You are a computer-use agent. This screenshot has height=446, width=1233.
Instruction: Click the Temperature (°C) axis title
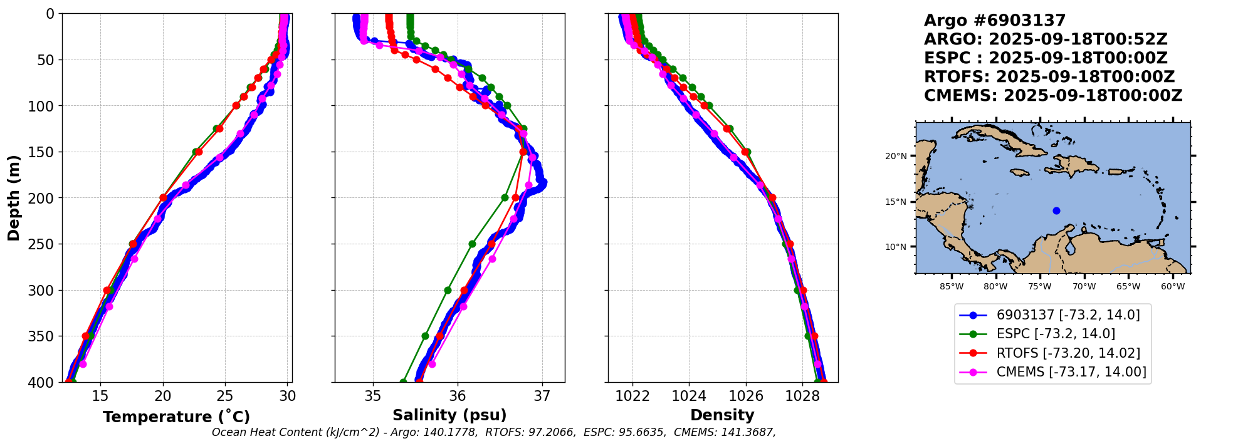pyautogui.click(x=176, y=417)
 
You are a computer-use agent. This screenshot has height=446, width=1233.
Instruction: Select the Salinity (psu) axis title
pyautogui.click(x=449, y=415)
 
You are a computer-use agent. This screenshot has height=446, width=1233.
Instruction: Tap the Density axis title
pyautogui.click(x=722, y=415)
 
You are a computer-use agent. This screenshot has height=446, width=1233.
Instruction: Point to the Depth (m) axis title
pyautogui.click(x=14, y=198)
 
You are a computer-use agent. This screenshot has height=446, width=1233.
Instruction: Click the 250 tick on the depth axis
pyautogui.click(x=45, y=244)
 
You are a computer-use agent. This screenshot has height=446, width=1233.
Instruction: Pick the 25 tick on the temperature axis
pyautogui.click(x=225, y=396)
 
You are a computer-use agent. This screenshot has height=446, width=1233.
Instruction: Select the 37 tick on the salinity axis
pyautogui.click(x=542, y=396)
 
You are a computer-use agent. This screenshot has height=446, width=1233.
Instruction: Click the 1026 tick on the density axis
pyautogui.click(x=746, y=396)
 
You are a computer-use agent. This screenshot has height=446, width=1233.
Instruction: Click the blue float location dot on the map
pyautogui.click(x=1056, y=210)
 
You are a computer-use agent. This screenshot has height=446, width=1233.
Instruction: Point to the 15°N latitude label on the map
pyautogui.click(x=896, y=202)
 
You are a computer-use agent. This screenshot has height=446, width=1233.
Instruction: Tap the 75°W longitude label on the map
pyautogui.click(x=1039, y=287)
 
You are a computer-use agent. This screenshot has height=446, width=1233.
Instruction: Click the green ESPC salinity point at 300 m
pyautogui.click(x=448, y=290)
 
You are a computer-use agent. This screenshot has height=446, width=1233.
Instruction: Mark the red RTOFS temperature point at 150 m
pyautogui.click(x=199, y=152)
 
